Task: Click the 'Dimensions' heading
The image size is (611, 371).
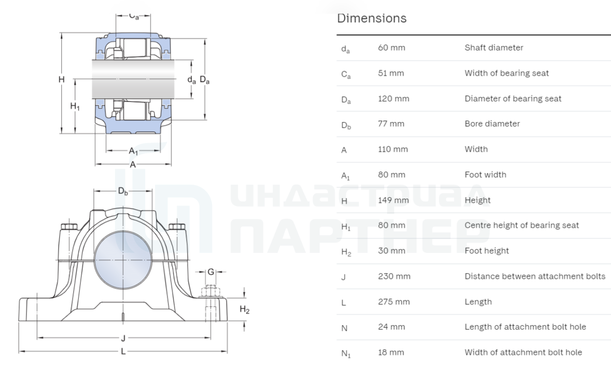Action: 371,18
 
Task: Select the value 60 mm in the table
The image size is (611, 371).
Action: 391,48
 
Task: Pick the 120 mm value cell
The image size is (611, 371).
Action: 393,99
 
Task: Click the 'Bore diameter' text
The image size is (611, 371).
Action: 492,124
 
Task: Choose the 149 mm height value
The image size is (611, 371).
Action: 393,200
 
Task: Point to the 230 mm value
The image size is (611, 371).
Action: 394,276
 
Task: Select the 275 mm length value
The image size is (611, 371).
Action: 394,302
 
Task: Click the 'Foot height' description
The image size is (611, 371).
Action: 487,251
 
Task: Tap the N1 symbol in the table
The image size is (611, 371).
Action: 346,353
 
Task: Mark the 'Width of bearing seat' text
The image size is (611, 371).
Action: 506,73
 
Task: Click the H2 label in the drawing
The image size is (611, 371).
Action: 244,310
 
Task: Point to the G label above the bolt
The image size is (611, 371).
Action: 211,272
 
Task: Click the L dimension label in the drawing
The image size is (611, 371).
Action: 123,352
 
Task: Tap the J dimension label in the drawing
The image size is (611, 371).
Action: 123,338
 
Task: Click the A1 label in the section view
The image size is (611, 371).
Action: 133,151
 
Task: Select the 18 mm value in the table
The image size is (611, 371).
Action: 391,353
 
